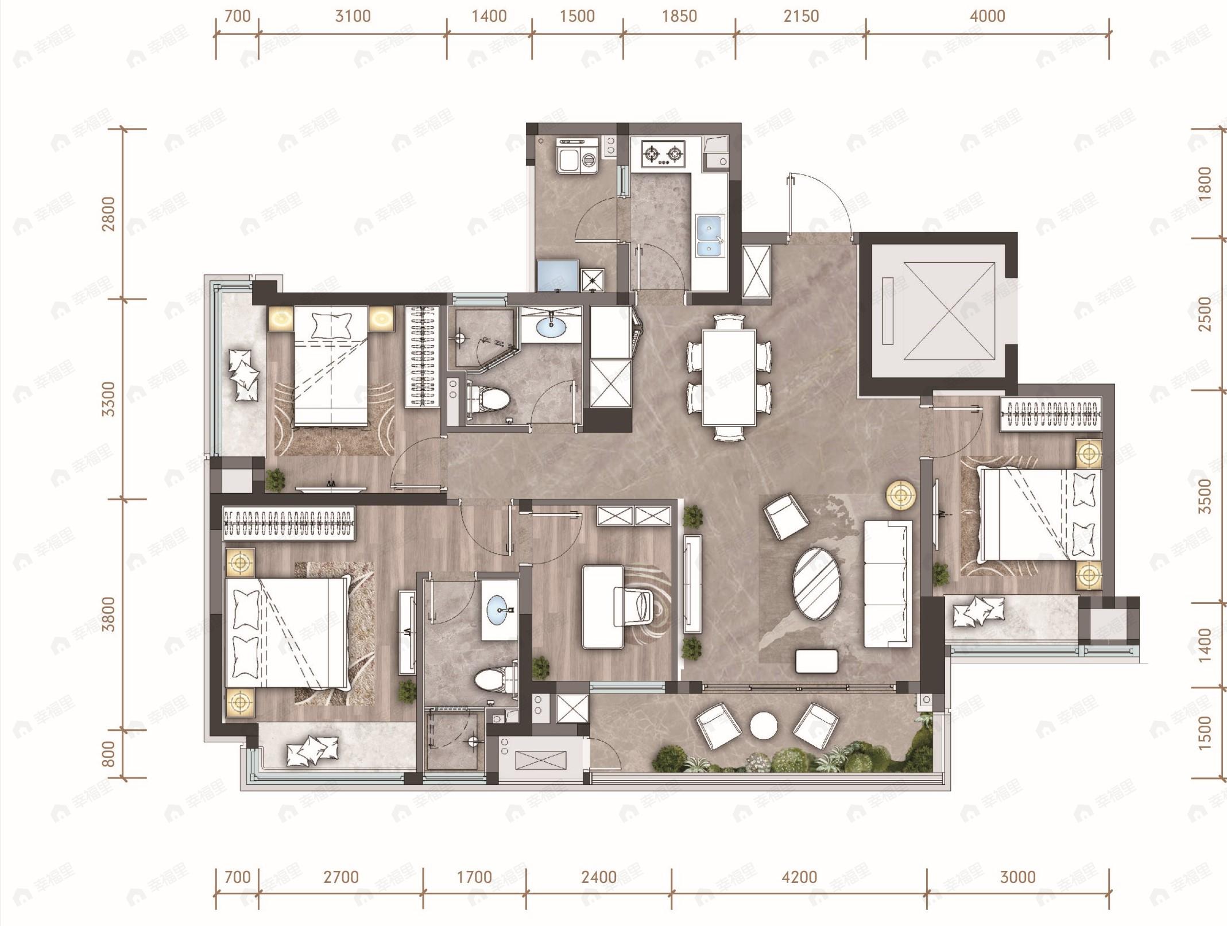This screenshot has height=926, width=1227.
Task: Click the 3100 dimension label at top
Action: (353, 16)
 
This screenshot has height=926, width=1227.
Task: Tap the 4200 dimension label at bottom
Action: (799, 877)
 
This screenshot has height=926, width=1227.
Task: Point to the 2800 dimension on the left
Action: (108, 214)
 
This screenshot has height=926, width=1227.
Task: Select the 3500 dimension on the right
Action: (1205, 496)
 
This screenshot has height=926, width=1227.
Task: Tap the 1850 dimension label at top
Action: (679, 16)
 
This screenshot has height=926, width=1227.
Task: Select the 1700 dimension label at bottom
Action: (474, 877)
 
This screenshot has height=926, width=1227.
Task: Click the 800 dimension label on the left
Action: (108, 754)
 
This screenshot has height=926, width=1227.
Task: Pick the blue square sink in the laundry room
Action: (558, 276)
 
